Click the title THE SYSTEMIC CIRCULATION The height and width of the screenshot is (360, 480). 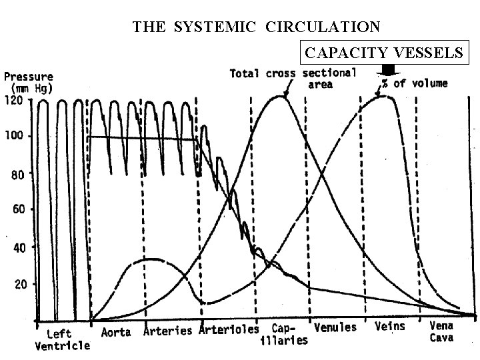point(257,27)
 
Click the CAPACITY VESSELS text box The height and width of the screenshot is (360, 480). point(383,52)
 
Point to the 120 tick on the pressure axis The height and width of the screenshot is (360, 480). point(15,101)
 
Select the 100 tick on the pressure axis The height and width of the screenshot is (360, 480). point(15,136)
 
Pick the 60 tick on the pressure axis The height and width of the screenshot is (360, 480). point(17,209)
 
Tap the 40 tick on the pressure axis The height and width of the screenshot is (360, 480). point(17,247)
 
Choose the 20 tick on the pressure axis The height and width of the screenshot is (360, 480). point(17,285)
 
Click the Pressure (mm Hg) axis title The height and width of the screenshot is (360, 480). point(28,83)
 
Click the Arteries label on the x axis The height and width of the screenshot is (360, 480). point(168,331)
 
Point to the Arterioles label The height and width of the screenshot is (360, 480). point(229,331)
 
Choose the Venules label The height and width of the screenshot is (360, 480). point(335,327)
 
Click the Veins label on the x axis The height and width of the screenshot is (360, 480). point(391,326)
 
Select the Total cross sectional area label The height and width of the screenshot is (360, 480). point(293,79)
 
